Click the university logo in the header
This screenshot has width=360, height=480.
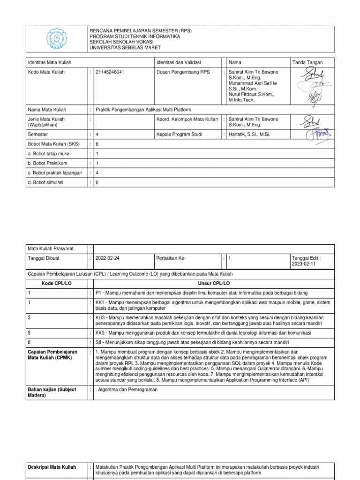click(56, 39)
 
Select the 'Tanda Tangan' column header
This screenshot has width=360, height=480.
click(307, 62)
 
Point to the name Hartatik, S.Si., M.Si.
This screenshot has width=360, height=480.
click(249, 135)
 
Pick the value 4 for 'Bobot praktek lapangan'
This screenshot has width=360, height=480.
click(97, 173)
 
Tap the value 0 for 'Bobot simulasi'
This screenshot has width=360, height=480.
click(97, 183)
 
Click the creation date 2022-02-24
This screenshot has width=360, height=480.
click(110, 258)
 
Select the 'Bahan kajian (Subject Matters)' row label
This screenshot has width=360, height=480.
click(52, 392)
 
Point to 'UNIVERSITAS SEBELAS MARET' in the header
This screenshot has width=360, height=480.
click(125, 47)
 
